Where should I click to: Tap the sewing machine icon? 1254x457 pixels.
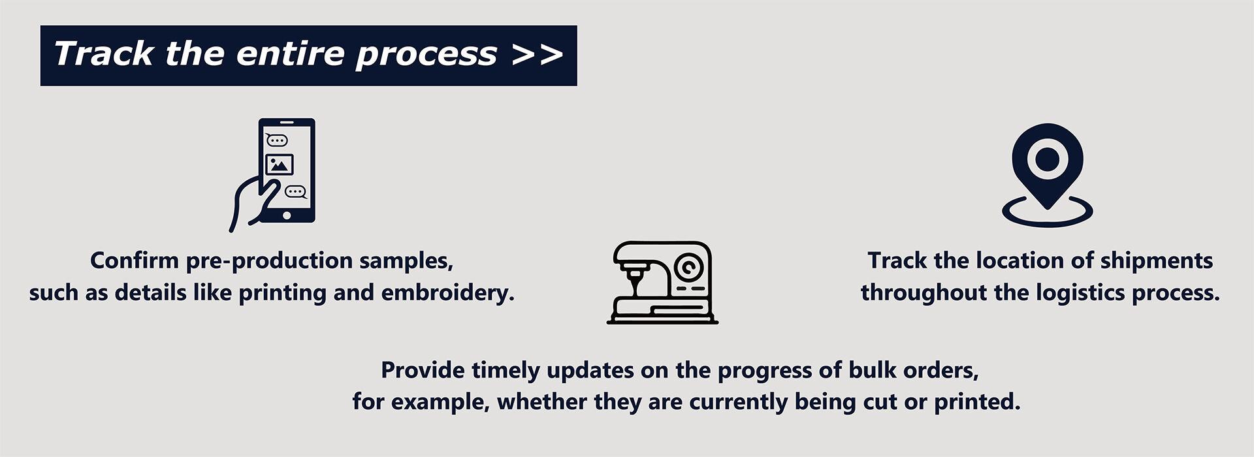pyautogui.click(x=662, y=282)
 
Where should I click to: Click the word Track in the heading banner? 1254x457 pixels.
pyautogui.click(x=104, y=54)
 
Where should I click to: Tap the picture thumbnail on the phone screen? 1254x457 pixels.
pyautogui.click(x=280, y=164)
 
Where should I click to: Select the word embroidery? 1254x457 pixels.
pyautogui.click(x=447, y=292)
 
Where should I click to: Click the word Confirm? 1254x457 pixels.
pyautogui.click(x=134, y=260)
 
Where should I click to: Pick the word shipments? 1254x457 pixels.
pyautogui.click(x=1157, y=261)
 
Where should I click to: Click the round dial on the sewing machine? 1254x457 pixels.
pyautogui.click(x=688, y=267)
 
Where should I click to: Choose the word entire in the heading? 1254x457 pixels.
pyautogui.click(x=289, y=54)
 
